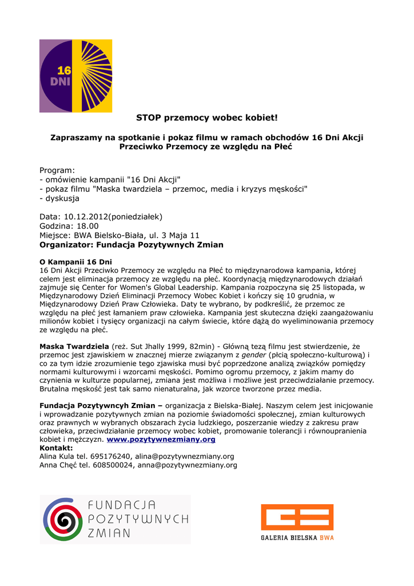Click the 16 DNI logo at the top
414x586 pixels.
point(75,76)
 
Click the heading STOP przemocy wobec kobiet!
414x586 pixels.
point(206,118)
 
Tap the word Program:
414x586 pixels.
point(57,171)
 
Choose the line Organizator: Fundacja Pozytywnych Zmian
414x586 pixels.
point(131,245)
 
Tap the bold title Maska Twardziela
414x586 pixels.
point(74,347)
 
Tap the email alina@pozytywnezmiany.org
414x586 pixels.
point(185,457)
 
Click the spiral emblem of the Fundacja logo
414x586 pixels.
point(63,520)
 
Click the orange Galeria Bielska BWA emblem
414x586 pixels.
point(297,517)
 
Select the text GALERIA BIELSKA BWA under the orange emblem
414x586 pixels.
point(297,538)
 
